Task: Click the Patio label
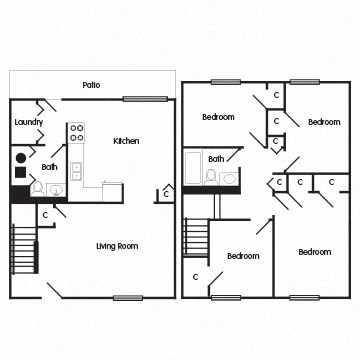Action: [x=92, y=84]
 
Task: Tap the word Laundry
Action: [x=28, y=123]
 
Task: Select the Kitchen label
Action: [x=126, y=141]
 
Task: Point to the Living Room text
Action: [x=117, y=245]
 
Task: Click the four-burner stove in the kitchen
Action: [x=76, y=132]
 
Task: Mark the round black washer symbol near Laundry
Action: [x=21, y=157]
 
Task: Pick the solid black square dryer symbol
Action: [x=20, y=173]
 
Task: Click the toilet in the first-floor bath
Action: [x=36, y=187]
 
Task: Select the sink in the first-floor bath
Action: [x=55, y=188]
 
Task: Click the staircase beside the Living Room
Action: [x=24, y=249]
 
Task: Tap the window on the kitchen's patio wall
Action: [x=146, y=98]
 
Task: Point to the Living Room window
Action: [x=128, y=297]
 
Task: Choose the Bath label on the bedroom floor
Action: [x=216, y=159]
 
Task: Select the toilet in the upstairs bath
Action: [x=212, y=178]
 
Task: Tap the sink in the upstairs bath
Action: [x=230, y=179]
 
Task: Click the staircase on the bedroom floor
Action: [x=196, y=238]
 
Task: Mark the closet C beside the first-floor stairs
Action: [x=46, y=214]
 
